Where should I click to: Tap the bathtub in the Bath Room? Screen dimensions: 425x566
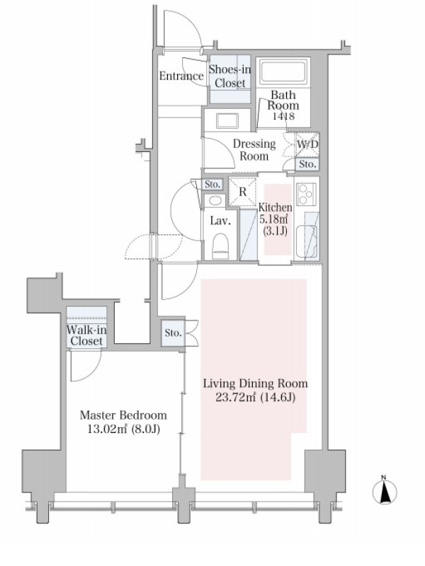(283, 71)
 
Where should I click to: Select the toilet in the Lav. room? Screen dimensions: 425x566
(220, 246)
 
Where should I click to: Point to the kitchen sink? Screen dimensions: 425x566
(307, 241)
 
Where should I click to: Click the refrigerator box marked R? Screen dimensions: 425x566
(242, 191)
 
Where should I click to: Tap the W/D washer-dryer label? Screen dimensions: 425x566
(307, 144)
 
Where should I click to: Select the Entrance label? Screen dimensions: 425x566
(182, 76)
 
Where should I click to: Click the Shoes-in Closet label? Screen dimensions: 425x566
(229, 76)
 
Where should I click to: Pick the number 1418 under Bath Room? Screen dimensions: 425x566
(283, 116)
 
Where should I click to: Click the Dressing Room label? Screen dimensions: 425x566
(254, 150)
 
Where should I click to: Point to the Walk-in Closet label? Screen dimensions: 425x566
(86, 335)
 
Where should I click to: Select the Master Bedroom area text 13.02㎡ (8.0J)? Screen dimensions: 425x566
(123, 429)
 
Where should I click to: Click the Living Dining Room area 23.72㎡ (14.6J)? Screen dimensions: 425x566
(256, 398)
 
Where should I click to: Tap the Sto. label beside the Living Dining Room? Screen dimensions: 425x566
(173, 333)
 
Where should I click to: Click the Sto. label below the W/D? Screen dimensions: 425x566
(307, 165)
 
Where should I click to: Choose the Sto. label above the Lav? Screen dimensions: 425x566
(212, 185)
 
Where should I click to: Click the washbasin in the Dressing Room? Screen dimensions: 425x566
(227, 120)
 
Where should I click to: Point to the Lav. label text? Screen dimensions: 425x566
(220, 221)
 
